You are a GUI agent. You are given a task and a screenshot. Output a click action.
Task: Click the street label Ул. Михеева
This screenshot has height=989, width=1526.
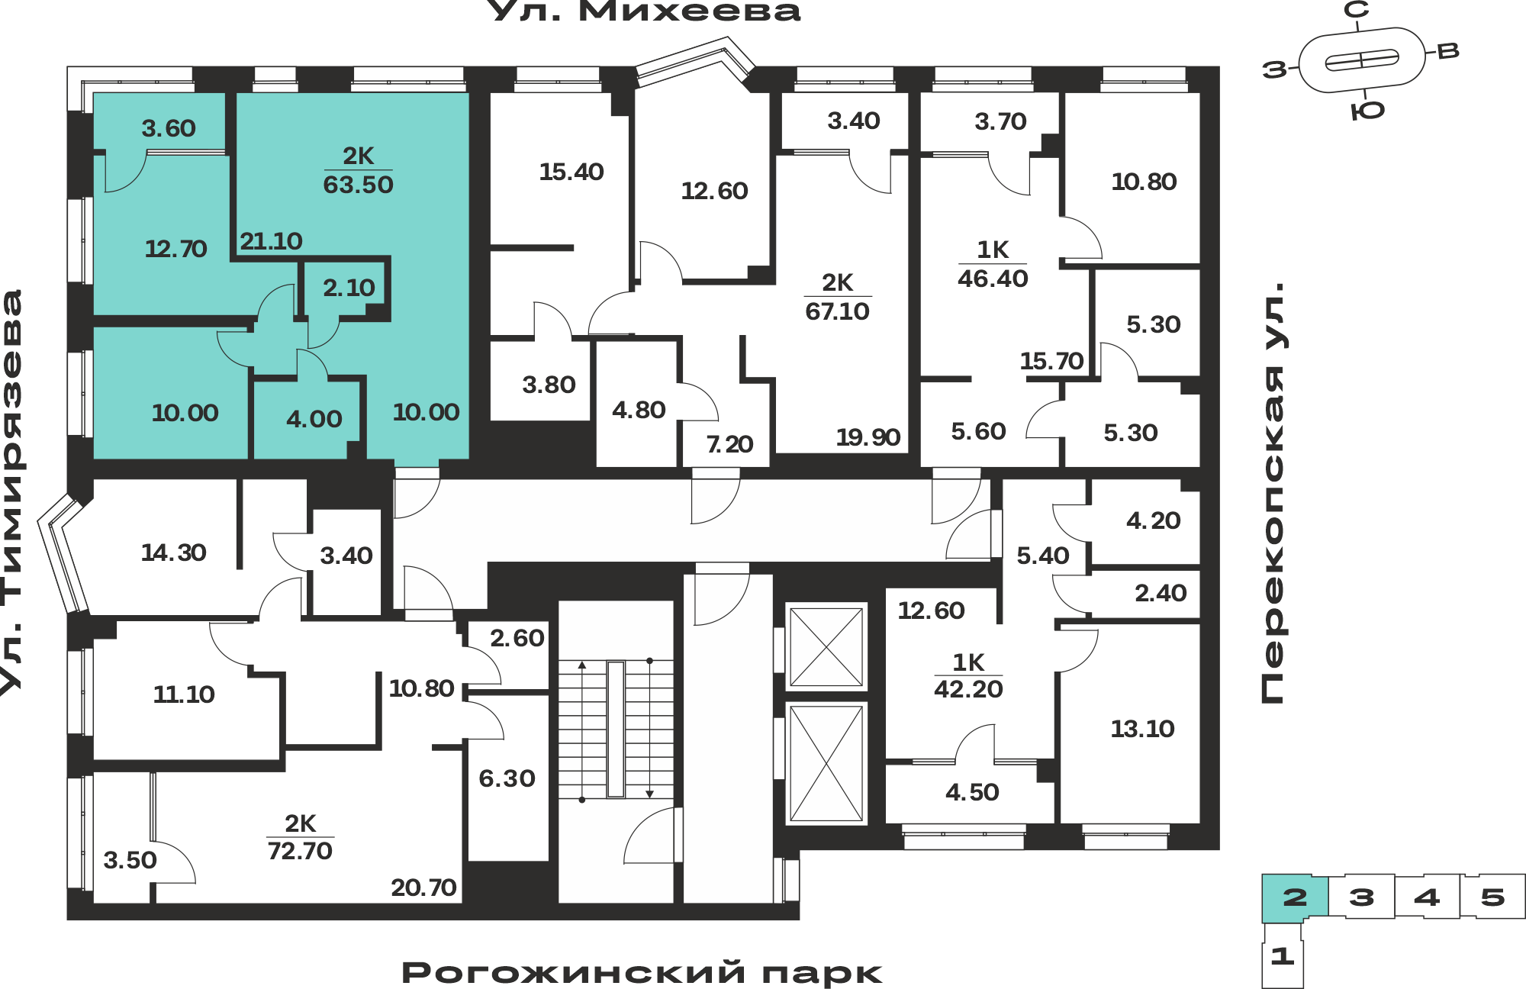[643, 11]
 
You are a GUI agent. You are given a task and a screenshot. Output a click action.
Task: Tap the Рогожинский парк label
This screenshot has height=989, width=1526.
[642, 973]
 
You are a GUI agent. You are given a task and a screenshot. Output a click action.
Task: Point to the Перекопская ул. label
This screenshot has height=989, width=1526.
[1272, 493]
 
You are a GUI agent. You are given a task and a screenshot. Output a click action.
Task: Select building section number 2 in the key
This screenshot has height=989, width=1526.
[1295, 897]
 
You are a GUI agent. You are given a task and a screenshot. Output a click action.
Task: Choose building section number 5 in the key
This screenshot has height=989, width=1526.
[1492, 897]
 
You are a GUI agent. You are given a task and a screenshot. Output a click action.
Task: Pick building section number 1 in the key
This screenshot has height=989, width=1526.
[1282, 955]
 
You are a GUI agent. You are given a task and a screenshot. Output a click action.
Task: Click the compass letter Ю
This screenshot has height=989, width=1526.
[1367, 111]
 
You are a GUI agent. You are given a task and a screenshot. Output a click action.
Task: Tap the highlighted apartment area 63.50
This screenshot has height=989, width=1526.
[358, 185]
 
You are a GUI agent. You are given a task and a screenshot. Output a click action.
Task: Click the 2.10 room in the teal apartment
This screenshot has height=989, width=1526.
[349, 288]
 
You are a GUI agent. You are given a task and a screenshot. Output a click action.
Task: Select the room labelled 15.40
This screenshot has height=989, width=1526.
[571, 172]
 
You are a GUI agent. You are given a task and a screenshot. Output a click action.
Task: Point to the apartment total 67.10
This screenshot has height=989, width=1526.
[837, 311]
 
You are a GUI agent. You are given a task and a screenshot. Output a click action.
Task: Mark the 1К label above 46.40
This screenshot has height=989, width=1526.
[993, 250]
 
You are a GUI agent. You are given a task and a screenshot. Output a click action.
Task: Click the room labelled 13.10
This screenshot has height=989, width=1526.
[1142, 729]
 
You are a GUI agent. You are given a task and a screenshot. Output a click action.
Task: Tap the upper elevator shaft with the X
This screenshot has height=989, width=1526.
[826, 647]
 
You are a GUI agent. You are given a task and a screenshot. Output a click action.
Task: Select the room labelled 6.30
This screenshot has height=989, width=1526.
[507, 778]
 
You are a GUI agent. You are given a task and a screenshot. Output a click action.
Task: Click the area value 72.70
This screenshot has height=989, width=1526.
[300, 851]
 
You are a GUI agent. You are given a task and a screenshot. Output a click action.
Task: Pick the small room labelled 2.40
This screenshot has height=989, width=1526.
[1161, 593]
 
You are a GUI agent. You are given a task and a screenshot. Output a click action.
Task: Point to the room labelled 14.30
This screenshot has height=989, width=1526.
[173, 552]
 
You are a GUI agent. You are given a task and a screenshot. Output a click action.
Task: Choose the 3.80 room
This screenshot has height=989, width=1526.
[549, 385]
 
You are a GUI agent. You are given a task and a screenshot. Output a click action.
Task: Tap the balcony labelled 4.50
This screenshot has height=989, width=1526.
[972, 792]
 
